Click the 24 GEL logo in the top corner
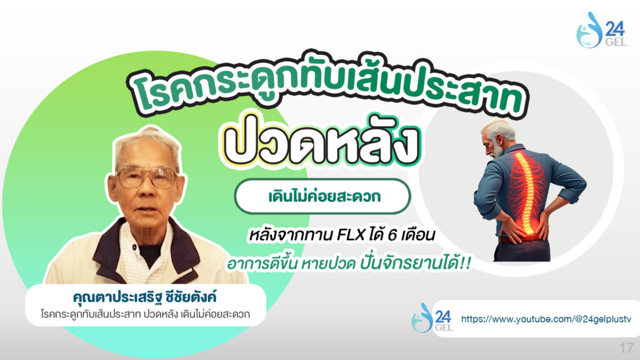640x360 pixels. (601, 30)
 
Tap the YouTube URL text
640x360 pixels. (546, 319)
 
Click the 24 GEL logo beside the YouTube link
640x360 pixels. (432, 317)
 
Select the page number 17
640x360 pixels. (626, 348)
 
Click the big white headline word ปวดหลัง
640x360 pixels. (321, 141)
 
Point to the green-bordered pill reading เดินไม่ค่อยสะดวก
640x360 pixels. (322, 196)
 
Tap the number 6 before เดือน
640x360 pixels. (392, 236)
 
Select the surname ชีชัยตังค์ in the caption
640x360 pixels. (191, 296)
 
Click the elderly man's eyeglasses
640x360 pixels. (147, 177)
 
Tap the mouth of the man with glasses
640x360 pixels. (146, 212)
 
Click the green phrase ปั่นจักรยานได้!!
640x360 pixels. (416, 263)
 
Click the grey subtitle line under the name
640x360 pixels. (145, 314)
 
